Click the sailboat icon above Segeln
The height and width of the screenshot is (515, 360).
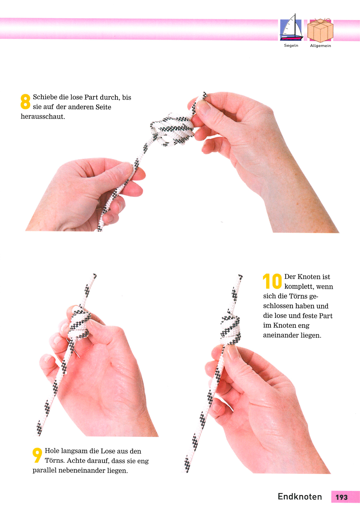click(x=291, y=28)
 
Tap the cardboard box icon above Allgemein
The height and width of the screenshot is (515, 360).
click(x=320, y=30)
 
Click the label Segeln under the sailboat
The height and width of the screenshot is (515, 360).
click(x=291, y=46)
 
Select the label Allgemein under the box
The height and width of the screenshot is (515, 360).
click(x=321, y=46)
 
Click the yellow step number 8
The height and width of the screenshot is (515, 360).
click(x=25, y=101)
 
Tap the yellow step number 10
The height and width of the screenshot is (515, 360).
click(x=272, y=281)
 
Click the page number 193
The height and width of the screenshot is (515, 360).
click(x=342, y=497)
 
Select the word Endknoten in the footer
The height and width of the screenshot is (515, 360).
click(x=300, y=497)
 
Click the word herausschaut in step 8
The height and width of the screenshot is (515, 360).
click(x=43, y=116)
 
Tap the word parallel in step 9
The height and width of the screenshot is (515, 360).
click(x=45, y=471)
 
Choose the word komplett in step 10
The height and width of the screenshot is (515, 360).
click(x=299, y=287)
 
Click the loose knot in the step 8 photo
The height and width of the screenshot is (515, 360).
click(x=172, y=130)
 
